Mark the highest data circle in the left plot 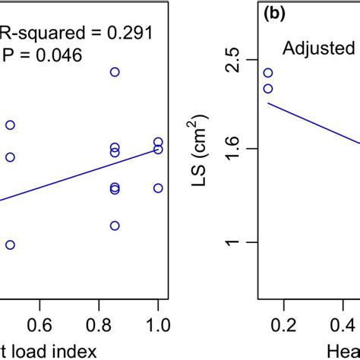[115, 72]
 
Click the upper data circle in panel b [267, 73]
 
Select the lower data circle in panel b [267, 89]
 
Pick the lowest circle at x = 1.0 [158, 188]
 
